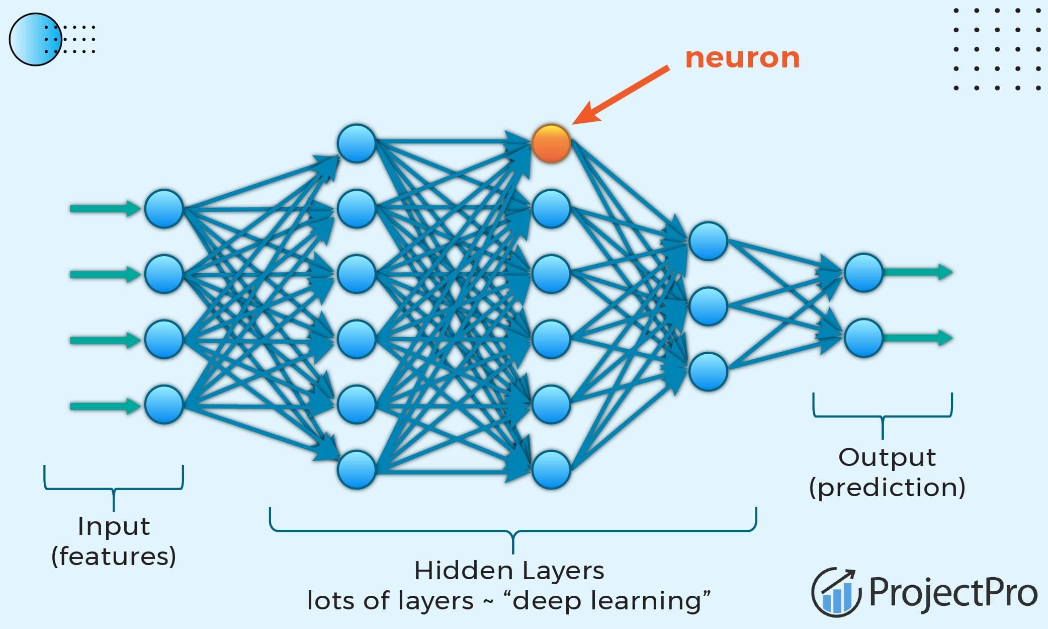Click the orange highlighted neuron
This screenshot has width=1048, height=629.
(x=551, y=144)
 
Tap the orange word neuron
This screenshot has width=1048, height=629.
(x=742, y=58)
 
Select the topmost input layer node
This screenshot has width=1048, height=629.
(x=163, y=209)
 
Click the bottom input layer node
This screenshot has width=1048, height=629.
(x=163, y=405)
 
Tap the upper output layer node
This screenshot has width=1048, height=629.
(x=863, y=273)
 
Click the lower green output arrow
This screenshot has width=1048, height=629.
(x=918, y=338)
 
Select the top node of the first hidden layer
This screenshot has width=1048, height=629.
(x=357, y=144)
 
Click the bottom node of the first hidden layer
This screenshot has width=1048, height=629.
(x=357, y=469)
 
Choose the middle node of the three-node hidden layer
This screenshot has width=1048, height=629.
(x=708, y=306)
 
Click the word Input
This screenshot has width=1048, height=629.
(x=114, y=526)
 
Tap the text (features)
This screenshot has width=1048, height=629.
(x=114, y=557)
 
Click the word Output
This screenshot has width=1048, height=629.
(x=887, y=457)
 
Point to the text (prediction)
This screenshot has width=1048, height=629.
(x=887, y=488)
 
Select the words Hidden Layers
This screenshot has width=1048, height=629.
(x=509, y=571)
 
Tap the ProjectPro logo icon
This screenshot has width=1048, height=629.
(x=835, y=592)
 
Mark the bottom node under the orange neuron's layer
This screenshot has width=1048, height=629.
(x=551, y=469)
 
